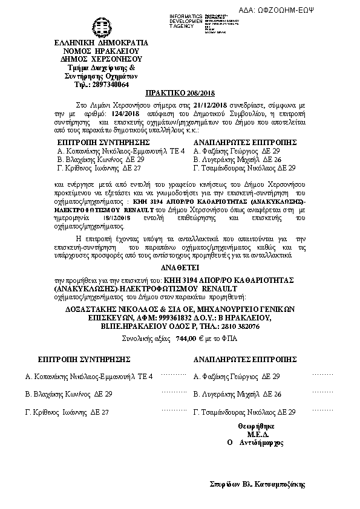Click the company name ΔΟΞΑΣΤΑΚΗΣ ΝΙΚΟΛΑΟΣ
(108, 308)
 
